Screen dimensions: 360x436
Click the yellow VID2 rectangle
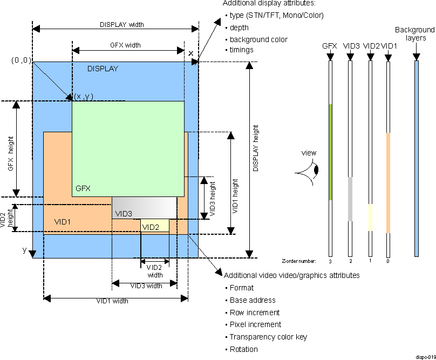pos(154,226)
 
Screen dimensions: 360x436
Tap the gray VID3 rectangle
pos(145,207)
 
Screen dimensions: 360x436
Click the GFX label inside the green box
pos(83,189)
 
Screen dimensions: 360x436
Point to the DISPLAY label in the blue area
pos(103,69)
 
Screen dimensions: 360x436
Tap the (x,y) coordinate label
pos(84,96)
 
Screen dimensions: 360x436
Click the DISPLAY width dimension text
pos(121,24)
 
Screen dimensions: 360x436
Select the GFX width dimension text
pos(125,46)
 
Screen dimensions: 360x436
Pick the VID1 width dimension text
pos(112,301)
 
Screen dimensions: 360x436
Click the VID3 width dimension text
pos(144,286)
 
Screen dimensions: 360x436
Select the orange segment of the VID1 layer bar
pos(387,182)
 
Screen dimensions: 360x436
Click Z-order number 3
pos(330,261)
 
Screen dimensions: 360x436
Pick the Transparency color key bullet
pos(268,337)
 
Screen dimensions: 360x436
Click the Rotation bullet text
pos(243,349)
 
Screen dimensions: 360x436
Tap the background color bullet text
pos(258,39)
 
